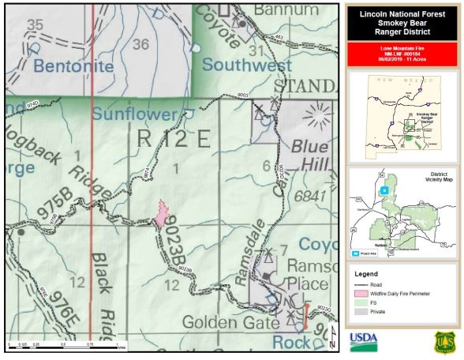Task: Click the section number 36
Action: tap(140, 44)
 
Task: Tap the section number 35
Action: tap(34, 25)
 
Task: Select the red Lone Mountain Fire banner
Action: tap(402, 54)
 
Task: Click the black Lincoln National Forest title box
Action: tap(402, 23)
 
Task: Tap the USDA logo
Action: tap(364, 340)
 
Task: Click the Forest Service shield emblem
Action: tap(444, 341)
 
